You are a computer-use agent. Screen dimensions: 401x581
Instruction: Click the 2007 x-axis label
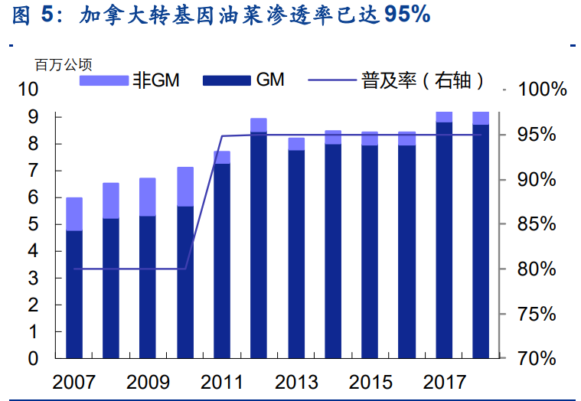point(74,382)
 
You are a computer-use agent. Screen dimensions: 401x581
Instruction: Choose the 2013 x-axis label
point(296,382)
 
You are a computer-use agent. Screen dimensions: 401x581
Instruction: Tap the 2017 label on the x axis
point(444,382)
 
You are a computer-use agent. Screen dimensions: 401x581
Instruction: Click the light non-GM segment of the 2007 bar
point(74,214)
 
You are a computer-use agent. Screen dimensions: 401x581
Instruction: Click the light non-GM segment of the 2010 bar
point(185,186)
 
